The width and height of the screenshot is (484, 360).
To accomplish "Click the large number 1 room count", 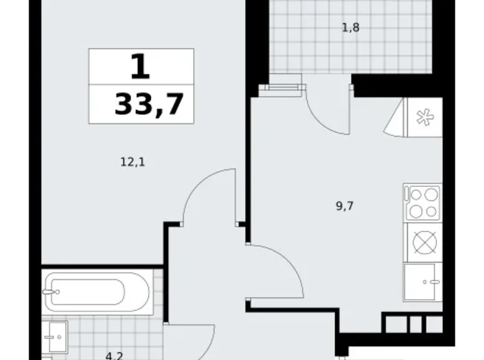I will pyautogui.click(x=141, y=66).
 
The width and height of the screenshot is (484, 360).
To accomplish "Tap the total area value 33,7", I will pyautogui.click(x=149, y=104).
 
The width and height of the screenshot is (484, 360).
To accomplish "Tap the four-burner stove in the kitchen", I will pyautogui.click(x=422, y=202).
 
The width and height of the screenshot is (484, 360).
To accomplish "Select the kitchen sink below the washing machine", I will pyautogui.click(x=422, y=282).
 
